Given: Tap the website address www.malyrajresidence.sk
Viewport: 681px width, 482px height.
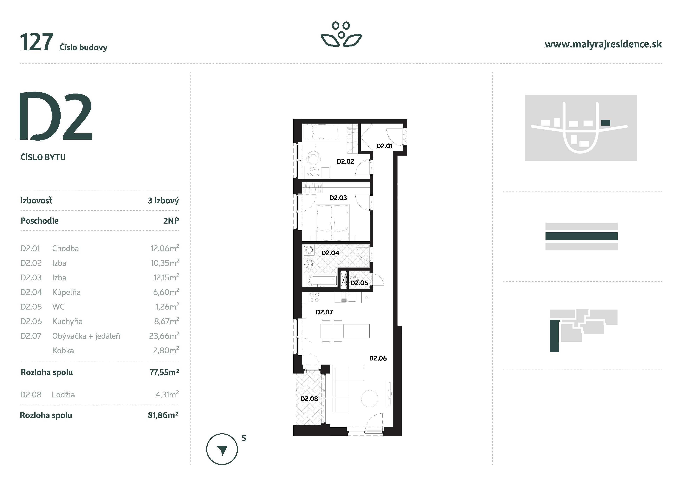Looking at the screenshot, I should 603,44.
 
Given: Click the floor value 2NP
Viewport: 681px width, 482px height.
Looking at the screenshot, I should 171,221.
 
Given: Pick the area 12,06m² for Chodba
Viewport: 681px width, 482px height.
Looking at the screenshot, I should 165,248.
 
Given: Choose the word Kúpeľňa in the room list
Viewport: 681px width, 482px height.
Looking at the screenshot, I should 66,292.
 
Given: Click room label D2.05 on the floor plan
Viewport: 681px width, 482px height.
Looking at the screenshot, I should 359,283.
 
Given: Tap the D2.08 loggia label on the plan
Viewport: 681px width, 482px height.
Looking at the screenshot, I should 309,399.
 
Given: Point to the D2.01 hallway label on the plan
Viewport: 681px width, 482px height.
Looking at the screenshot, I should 384,146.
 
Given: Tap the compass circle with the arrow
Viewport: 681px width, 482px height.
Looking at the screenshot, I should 222,449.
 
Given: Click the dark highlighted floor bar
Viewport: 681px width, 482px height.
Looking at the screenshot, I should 581,236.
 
